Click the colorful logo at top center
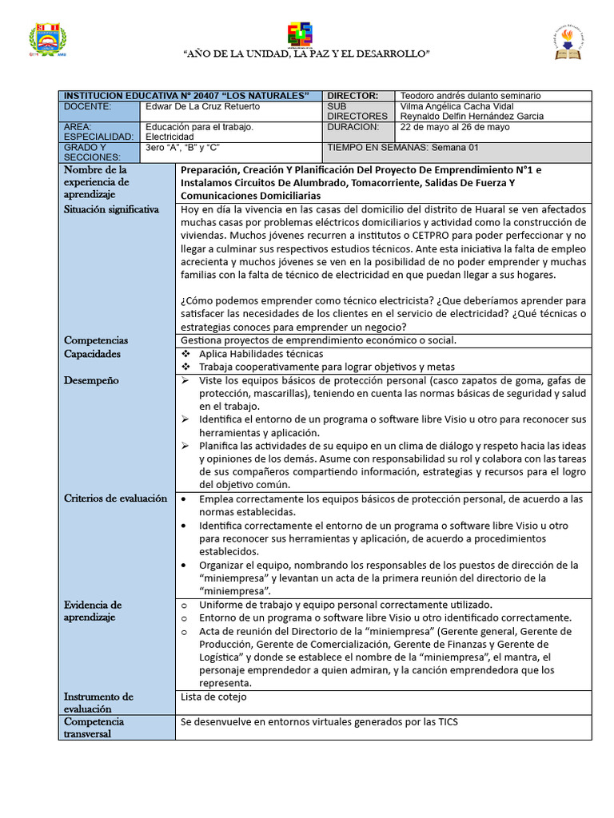click(x=301, y=34)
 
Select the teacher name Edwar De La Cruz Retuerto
click(x=204, y=106)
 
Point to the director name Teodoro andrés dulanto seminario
click(x=470, y=95)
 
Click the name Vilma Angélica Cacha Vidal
click(x=457, y=106)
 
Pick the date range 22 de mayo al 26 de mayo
click(x=454, y=127)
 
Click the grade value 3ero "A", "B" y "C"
click(x=182, y=148)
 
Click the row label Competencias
click(x=95, y=340)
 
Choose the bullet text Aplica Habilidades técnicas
click(x=261, y=354)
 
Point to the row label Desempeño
click(x=91, y=380)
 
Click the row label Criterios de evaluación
click(x=115, y=498)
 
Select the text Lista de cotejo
click(x=214, y=697)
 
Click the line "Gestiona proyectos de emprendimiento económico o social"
click(x=319, y=340)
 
